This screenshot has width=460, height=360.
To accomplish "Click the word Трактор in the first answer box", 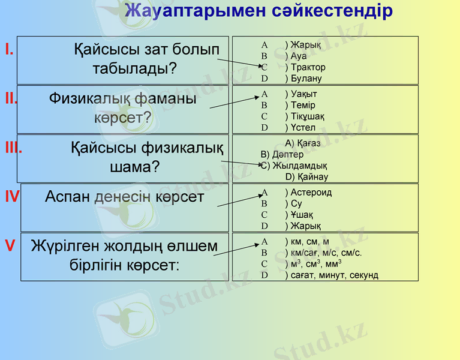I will click(308, 67).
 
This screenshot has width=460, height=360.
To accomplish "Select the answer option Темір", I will click(303, 105).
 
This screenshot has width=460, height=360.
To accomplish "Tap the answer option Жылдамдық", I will click(300, 166).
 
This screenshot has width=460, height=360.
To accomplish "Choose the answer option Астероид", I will click(311, 193).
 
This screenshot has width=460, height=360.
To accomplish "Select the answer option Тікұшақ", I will click(308, 116).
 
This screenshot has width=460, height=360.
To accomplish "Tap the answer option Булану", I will click(306, 79).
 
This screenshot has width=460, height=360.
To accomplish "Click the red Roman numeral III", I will click(13, 148).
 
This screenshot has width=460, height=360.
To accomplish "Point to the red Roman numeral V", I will click(10, 245).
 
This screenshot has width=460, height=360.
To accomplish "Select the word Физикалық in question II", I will click(88, 98).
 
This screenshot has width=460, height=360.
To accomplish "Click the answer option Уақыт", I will click(303, 94).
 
